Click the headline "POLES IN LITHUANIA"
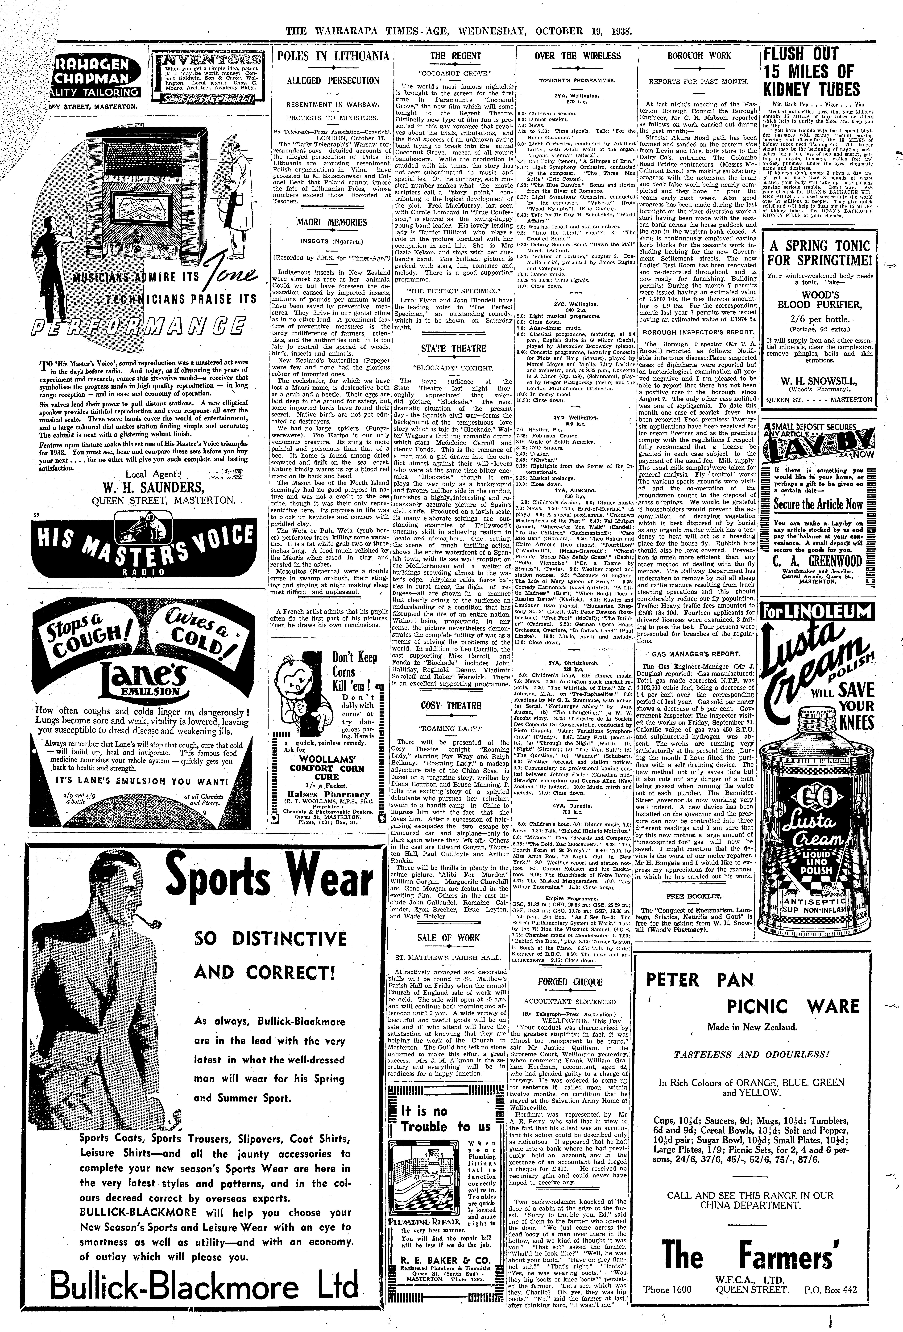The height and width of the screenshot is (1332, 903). (x=332, y=56)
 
